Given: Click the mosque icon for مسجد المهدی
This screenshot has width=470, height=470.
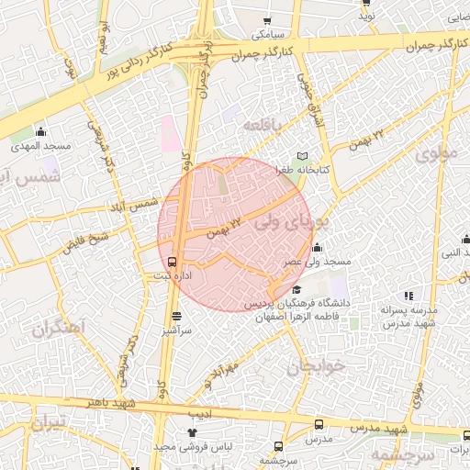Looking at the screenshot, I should [39, 131].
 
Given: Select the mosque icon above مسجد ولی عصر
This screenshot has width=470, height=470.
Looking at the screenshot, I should [317, 246].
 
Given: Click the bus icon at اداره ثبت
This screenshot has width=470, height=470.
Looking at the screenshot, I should [174, 262].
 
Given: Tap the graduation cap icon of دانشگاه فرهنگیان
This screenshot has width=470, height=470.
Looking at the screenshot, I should [297, 290].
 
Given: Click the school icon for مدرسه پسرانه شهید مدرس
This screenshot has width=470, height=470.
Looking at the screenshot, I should [408, 296].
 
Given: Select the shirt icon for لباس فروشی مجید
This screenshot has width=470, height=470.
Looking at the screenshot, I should [192, 431].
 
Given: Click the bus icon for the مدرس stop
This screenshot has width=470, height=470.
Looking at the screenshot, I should [319, 424].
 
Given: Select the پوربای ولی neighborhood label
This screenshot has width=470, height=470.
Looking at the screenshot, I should [291, 221].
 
